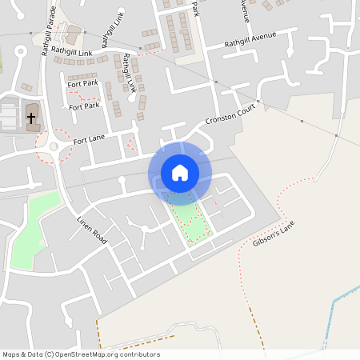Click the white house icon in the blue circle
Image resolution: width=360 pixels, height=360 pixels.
click(179, 173)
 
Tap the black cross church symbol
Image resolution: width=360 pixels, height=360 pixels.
click(32, 118)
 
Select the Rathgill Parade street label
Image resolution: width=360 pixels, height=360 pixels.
click(47, 30)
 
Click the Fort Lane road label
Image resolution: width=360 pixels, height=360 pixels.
click(89, 140)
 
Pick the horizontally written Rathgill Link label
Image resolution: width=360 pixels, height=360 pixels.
click(72, 51)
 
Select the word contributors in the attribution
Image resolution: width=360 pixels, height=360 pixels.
click(141, 354)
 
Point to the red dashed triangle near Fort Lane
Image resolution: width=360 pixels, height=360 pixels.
click(130, 144)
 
